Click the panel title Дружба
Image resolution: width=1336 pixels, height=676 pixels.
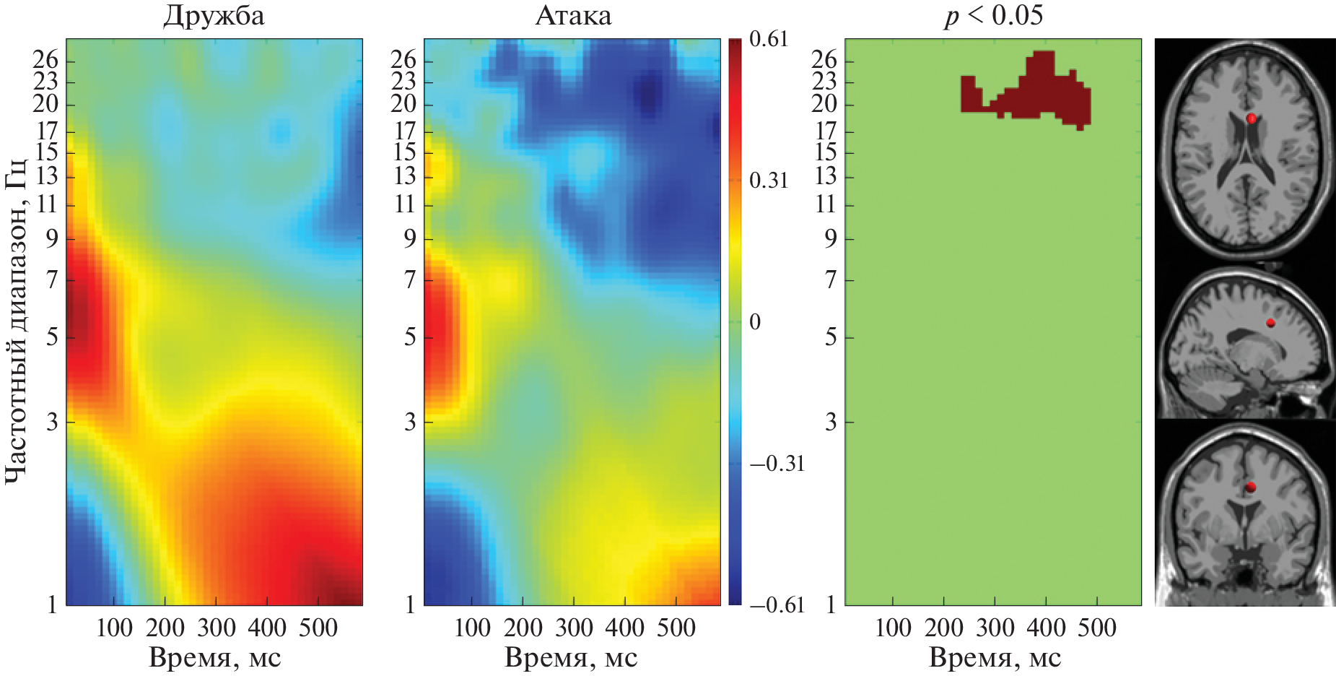coord(214,16)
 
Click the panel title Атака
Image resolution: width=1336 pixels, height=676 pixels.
coord(573,16)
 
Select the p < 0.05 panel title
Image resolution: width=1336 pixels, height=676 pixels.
coord(994,15)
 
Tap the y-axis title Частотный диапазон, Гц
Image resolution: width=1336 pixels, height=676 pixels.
coord(16,321)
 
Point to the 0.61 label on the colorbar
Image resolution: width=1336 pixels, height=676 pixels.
coord(769,39)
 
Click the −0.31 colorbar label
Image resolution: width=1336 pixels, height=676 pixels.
coord(777,463)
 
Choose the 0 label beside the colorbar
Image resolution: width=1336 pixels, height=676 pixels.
coord(755,321)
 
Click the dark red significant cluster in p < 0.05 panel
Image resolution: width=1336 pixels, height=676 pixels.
coord(1039,94)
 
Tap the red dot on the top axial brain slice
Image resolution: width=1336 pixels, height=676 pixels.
coord(1252,118)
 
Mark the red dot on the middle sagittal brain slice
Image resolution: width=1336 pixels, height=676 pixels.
coord(1270,323)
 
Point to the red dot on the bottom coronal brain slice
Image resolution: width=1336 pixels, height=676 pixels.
coord(1251,487)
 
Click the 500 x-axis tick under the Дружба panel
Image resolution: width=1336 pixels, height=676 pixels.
coord(318,628)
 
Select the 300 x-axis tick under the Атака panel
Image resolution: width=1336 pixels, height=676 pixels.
coord(575,628)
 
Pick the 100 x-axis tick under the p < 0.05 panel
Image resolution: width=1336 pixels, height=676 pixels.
coord(893,628)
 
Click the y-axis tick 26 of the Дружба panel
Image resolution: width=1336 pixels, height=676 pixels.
coord(45,60)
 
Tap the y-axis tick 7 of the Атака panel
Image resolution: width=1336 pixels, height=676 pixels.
coord(410,279)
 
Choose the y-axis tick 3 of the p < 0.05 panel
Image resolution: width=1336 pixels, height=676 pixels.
coord(831,421)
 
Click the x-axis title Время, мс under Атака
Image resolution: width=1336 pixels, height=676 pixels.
coord(571,658)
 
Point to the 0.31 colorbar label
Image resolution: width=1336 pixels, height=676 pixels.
coord(769,181)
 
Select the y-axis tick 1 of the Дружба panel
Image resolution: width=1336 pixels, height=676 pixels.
coord(52,604)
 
